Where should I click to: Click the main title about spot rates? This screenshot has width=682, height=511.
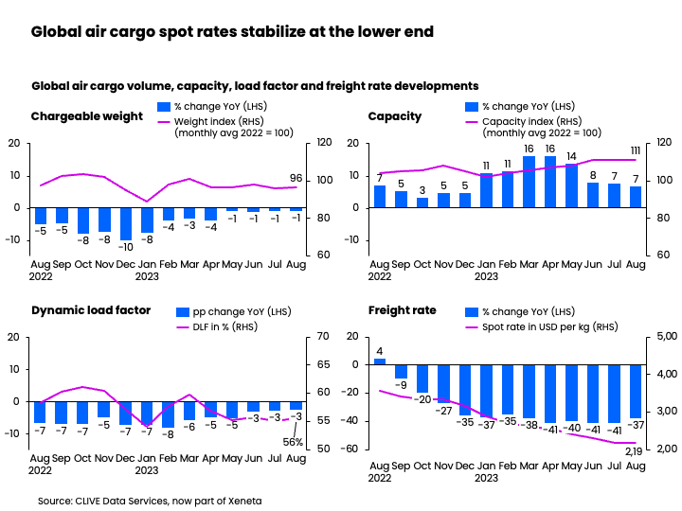pyautogui.click(x=232, y=32)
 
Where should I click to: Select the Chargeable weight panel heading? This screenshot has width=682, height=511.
pyautogui.click(x=86, y=116)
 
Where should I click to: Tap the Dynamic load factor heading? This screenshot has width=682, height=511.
pyautogui.click(x=90, y=309)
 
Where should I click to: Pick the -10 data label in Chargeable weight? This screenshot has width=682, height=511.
pyautogui.click(x=126, y=247)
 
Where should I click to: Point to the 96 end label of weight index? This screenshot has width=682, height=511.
pyautogui.click(x=296, y=178)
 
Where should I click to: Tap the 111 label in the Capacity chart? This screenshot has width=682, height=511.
pyautogui.click(x=636, y=150)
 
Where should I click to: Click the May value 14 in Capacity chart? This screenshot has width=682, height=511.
pyautogui.click(x=571, y=156)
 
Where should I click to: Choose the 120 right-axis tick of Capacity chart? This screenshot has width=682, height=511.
pyautogui.click(x=664, y=143)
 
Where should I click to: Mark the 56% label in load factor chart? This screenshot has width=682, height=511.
pyautogui.click(x=293, y=442)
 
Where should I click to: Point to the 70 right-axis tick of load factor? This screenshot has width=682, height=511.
pyautogui.click(x=322, y=337)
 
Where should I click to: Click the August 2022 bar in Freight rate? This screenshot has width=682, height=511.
pyautogui.click(x=380, y=361)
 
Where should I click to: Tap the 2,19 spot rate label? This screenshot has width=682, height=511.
pyautogui.click(x=635, y=452)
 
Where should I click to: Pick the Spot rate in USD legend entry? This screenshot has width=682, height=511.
pyautogui.click(x=544, y=327)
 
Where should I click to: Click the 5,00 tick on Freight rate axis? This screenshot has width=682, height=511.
pyautogui.click(x=668, y=337)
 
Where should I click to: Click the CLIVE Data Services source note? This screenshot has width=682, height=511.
pyautogui.click(x=150, y=500)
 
